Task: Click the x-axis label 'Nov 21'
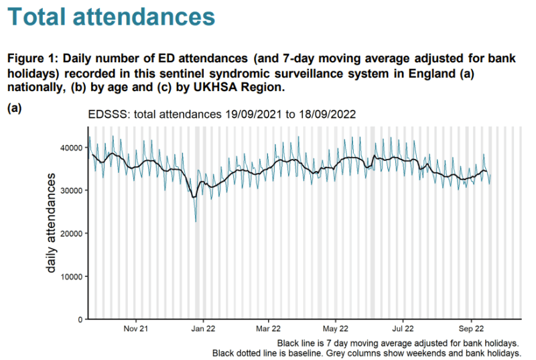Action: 137,329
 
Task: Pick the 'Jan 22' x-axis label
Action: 203,329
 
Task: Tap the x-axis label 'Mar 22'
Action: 268,329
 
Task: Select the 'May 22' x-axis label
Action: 336,329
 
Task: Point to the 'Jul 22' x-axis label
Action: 403,329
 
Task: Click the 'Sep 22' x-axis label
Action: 471,329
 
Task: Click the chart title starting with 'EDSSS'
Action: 222,115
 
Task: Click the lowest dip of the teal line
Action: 196,221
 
